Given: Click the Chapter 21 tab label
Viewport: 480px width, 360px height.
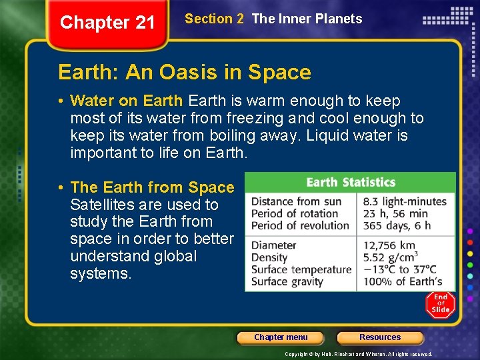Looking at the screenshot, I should coord(107,23).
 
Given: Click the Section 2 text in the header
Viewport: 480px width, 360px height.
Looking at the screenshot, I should coord(214,19).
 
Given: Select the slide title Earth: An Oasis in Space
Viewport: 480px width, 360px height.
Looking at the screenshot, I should coord(185,72).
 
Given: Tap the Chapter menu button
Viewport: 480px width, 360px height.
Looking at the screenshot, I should coord(281,337).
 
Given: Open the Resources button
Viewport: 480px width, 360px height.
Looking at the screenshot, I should coord(380,337).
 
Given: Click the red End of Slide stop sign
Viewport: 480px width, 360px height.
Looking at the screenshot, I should coord(441,304).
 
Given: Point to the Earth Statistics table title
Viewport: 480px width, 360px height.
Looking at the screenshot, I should coord(350,182).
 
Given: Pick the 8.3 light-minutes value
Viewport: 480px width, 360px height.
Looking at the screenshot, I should coord(405,201).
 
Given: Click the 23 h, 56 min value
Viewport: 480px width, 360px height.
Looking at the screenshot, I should coord(395,213).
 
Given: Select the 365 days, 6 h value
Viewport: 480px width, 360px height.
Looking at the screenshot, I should coord(397,225).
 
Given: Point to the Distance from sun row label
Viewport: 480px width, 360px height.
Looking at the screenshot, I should coord(296,201).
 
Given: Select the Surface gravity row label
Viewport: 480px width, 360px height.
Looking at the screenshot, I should coord(287,281).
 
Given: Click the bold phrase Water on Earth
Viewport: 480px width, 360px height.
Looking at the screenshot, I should coord(127,101).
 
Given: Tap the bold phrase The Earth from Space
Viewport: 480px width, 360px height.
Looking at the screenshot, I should coord(152,188).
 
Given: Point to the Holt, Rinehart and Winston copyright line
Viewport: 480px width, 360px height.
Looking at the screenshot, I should coord(359,354).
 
